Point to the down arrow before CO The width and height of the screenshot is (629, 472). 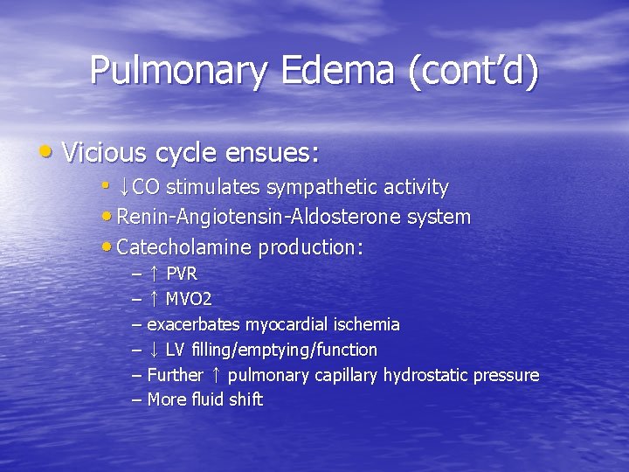(124, 187)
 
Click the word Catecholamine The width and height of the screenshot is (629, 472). (184, 247)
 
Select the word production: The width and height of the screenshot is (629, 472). (311, 247)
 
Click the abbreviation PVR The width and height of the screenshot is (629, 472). (182, 274)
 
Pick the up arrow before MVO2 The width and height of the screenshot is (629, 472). (153, 299)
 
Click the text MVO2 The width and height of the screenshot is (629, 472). (189, 299)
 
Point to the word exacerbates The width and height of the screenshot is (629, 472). (194, 324)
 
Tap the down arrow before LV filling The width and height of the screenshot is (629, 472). (153, 350)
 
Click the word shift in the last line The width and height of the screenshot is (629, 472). (245, 400)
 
